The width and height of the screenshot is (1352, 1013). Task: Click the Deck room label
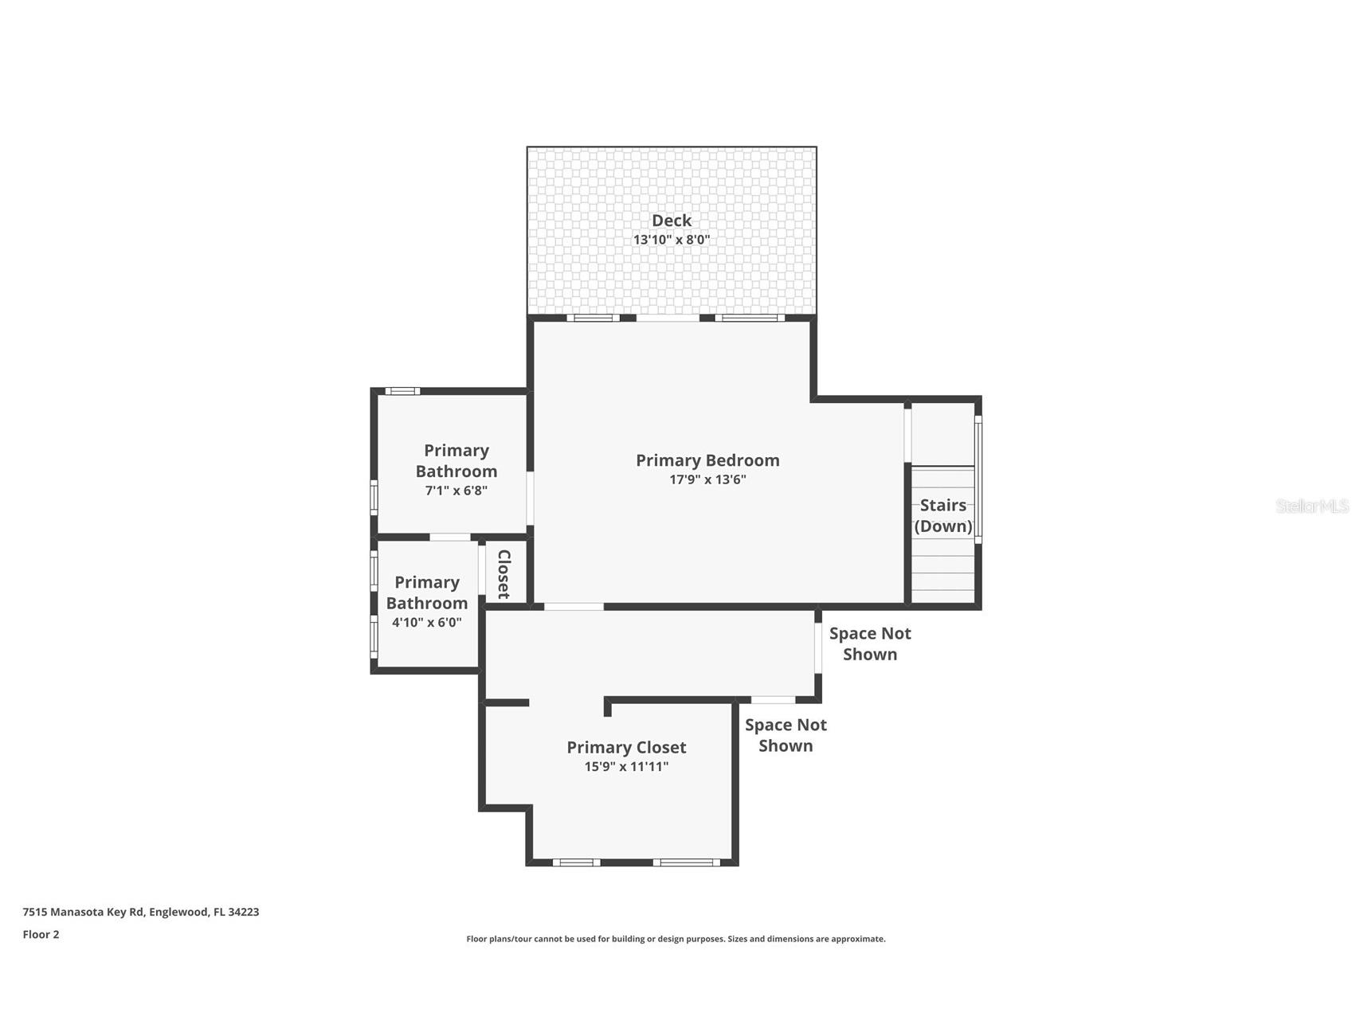671,221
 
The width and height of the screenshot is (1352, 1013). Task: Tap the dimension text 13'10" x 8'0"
671,240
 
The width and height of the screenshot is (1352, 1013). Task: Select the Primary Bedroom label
707,460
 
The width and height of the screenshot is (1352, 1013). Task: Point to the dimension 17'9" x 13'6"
707,479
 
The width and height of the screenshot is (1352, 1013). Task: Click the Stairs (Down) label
942,515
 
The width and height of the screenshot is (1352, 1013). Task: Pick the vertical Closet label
504,573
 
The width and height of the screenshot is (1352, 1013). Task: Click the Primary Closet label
626,747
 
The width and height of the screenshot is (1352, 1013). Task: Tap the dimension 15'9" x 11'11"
626,767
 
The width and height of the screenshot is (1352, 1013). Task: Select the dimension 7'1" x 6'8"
456,491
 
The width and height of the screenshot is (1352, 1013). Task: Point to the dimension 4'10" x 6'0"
426,623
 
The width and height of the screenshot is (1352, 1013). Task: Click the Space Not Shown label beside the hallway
869,643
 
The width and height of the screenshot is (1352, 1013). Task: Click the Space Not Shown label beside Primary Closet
785,735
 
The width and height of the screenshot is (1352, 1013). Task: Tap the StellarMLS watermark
1311,506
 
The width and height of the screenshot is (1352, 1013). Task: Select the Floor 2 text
41,934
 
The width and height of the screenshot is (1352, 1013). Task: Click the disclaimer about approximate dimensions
676,939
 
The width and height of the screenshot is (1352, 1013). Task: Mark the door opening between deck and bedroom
668,318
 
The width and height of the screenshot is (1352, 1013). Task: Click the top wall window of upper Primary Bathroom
402,391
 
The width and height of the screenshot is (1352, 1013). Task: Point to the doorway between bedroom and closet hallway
574,607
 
